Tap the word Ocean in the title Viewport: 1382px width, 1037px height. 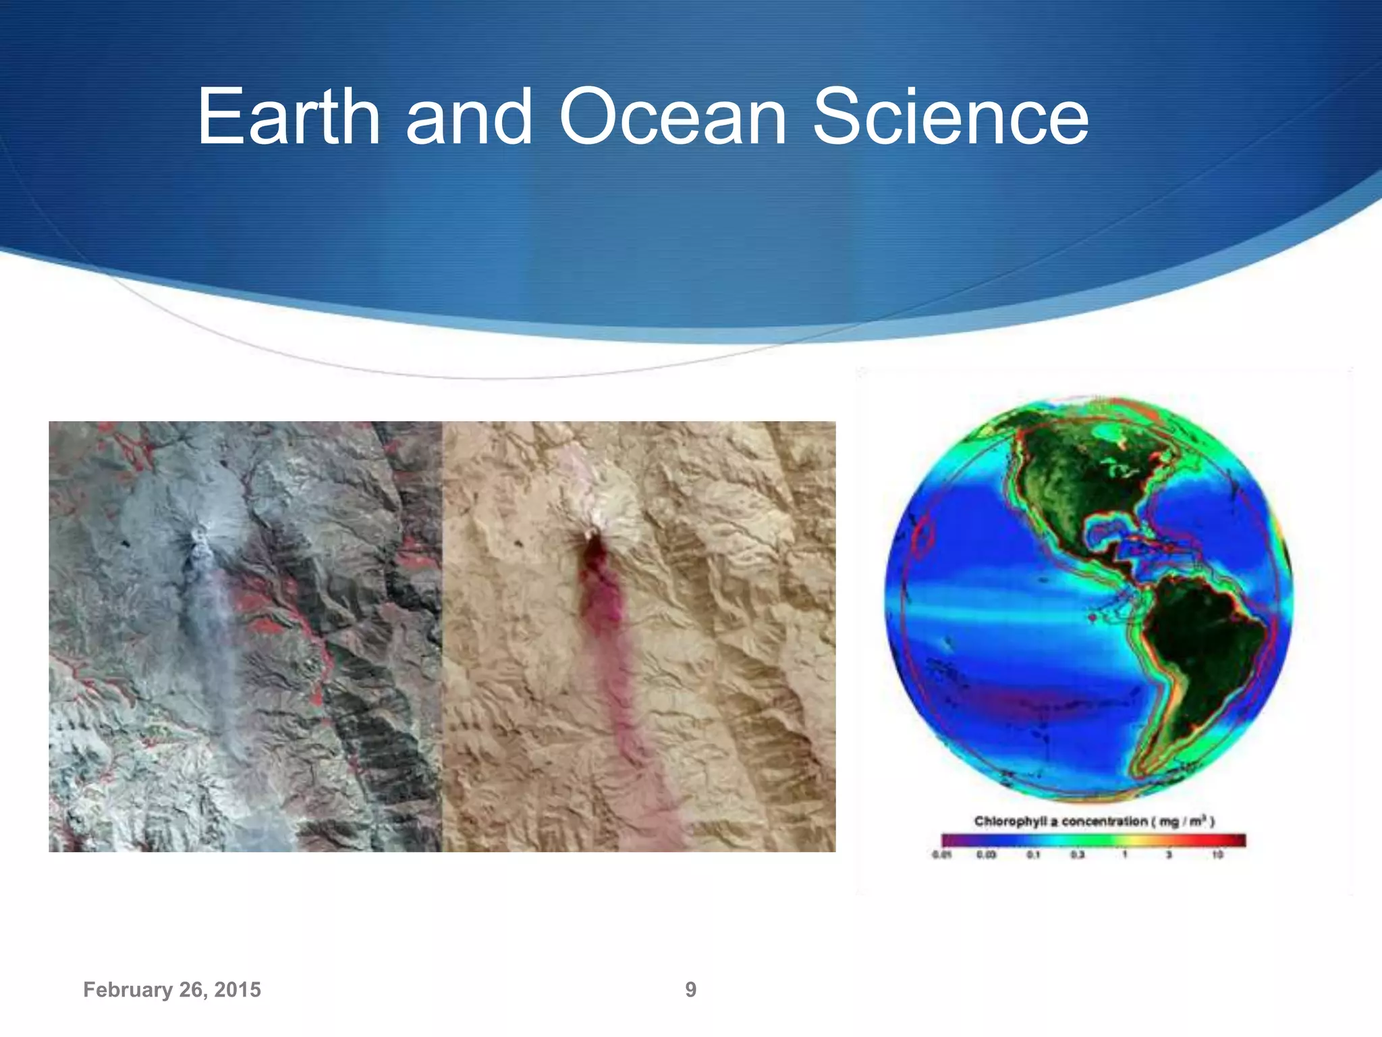[x=672, y=117]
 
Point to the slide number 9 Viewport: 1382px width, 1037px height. [x=690, y=990]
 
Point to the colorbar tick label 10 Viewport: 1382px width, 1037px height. [x=1217, y=855]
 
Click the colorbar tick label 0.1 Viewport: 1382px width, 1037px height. [x=1033, y=855]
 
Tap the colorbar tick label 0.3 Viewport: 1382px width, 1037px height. [x=1078, y=855]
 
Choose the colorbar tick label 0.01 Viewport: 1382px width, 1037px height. [x=941, y=855]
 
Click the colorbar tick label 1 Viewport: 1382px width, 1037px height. [x=1124, y=855]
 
